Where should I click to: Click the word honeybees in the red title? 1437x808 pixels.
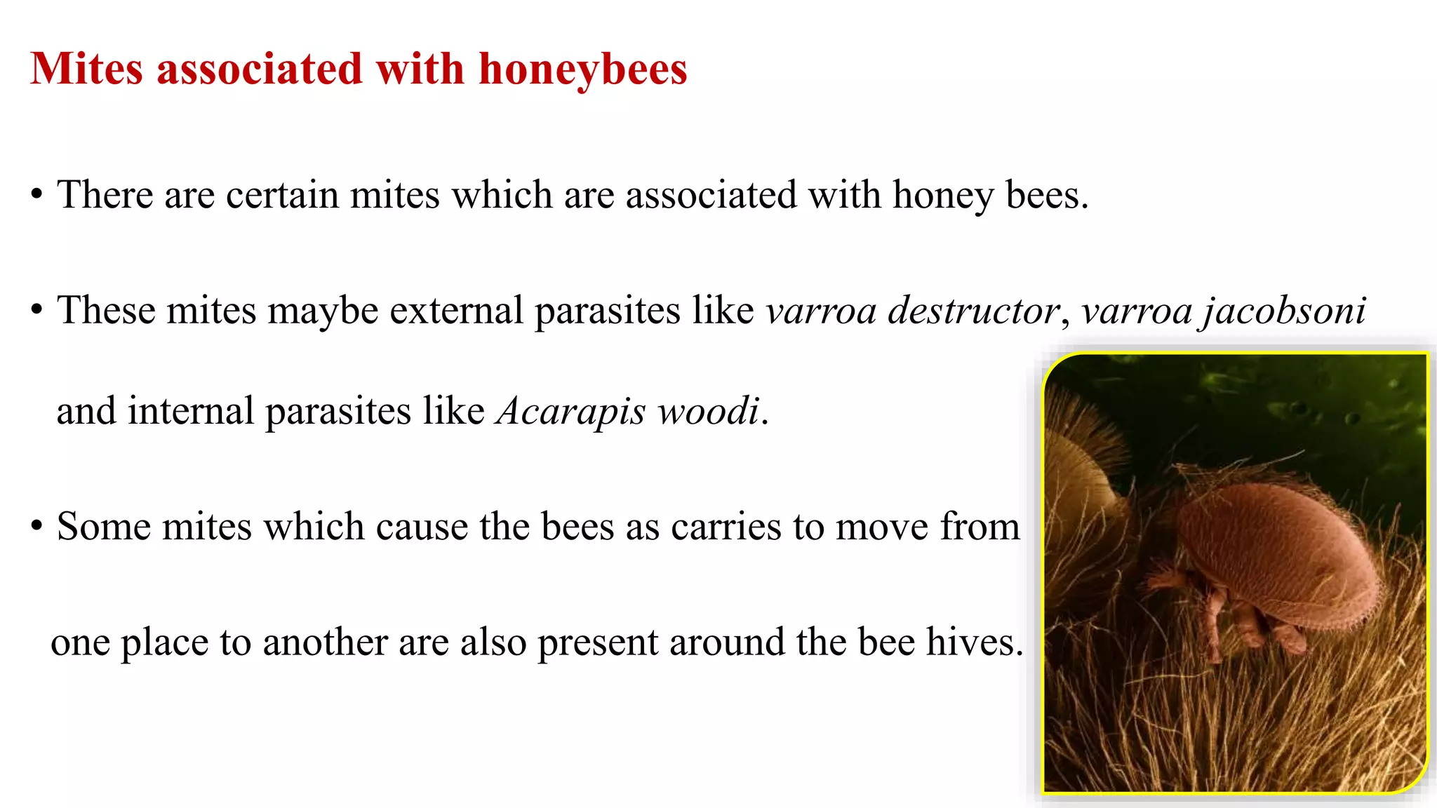click(x=582, y=69)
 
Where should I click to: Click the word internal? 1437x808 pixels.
click(x=190, y=411)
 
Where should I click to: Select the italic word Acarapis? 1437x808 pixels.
click(x=570, y=411)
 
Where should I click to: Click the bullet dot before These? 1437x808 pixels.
click(x=37, y=310)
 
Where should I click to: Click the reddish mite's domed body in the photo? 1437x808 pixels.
click(x=1277, y=547)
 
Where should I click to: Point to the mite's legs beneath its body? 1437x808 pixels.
click(x=1221, y=617)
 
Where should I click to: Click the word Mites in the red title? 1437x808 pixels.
click(x=87, y=69)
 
